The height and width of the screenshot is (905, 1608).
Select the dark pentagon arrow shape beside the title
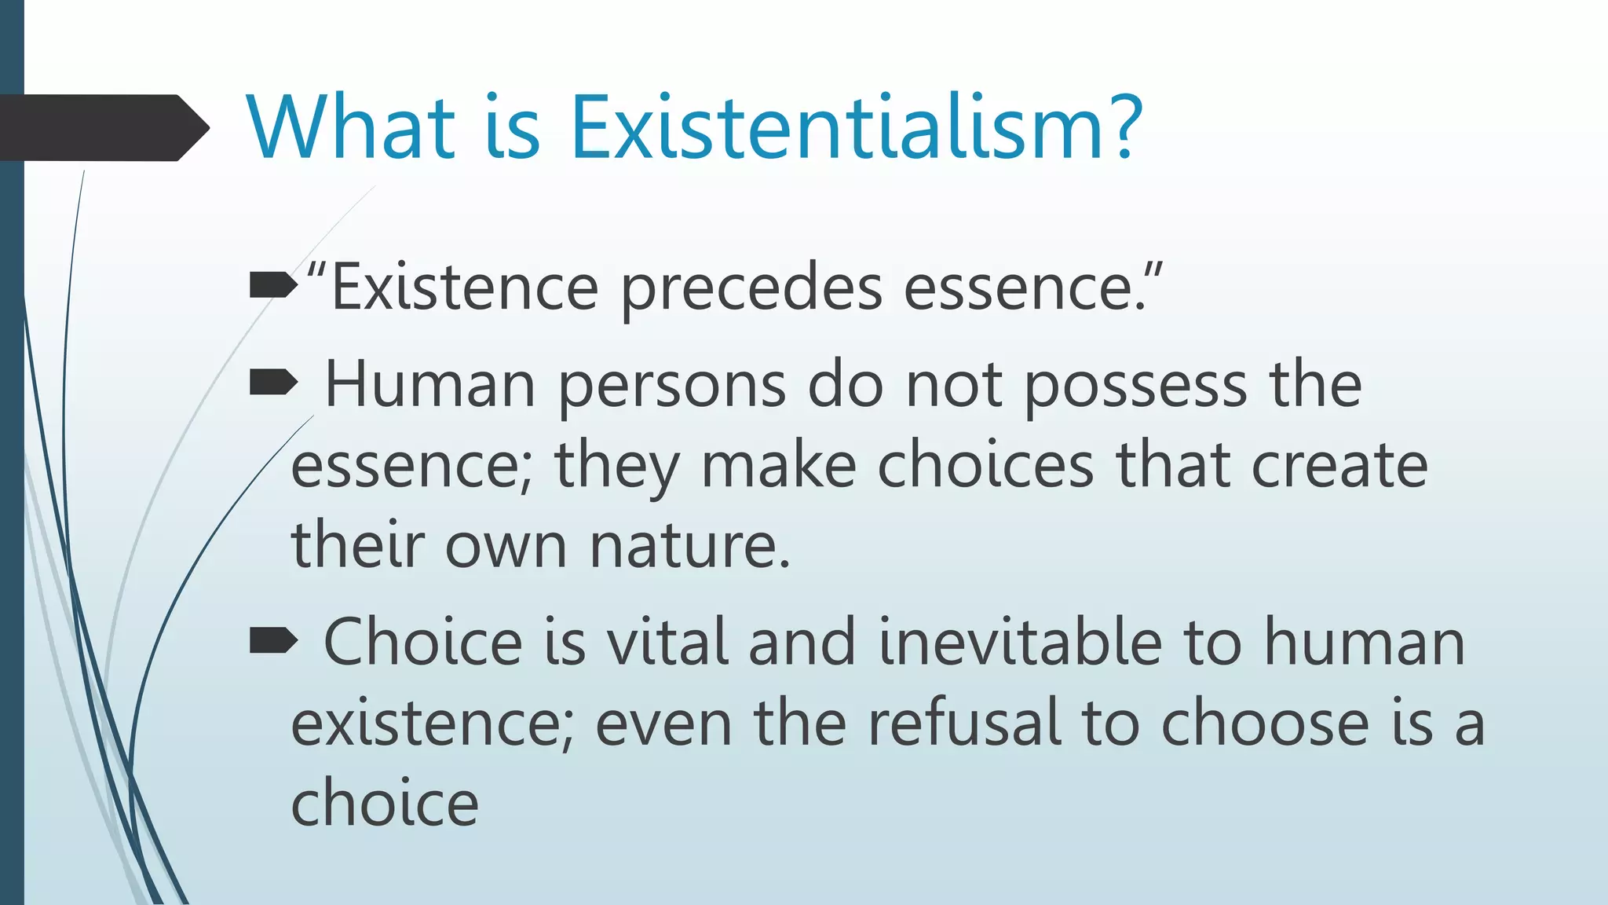pos(102,128)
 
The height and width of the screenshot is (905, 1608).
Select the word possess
pos(1135,387)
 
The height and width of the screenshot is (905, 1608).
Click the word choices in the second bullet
pos(985,465)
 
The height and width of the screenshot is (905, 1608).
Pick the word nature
pos(689,545)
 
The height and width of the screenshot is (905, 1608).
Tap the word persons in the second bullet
pos(672,387)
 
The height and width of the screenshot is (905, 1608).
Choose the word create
pos(1339,465)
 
